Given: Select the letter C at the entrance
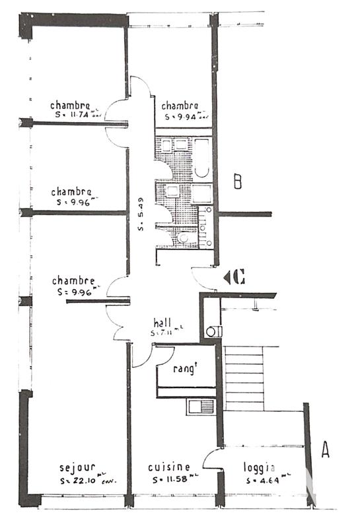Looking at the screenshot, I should (x=239, y=278).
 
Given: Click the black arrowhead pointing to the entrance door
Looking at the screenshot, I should (x=227, y=278).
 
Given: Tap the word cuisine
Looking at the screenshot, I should (x=169, y=467).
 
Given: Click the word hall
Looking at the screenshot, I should (x=162, y=323).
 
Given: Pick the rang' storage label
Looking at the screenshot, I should (x=186, y=370).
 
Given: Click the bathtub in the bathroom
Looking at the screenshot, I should (x=201, y=158).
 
